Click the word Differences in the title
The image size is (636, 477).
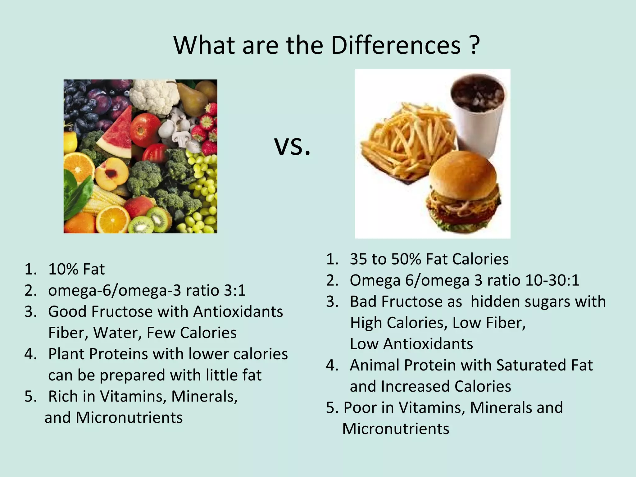pos(396,46)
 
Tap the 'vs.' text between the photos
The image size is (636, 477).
pos(292,146)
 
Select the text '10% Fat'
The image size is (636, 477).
pos(76,269)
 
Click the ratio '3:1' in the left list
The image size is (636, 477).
pos(234,290)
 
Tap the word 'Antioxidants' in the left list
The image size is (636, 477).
pos(238,311)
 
